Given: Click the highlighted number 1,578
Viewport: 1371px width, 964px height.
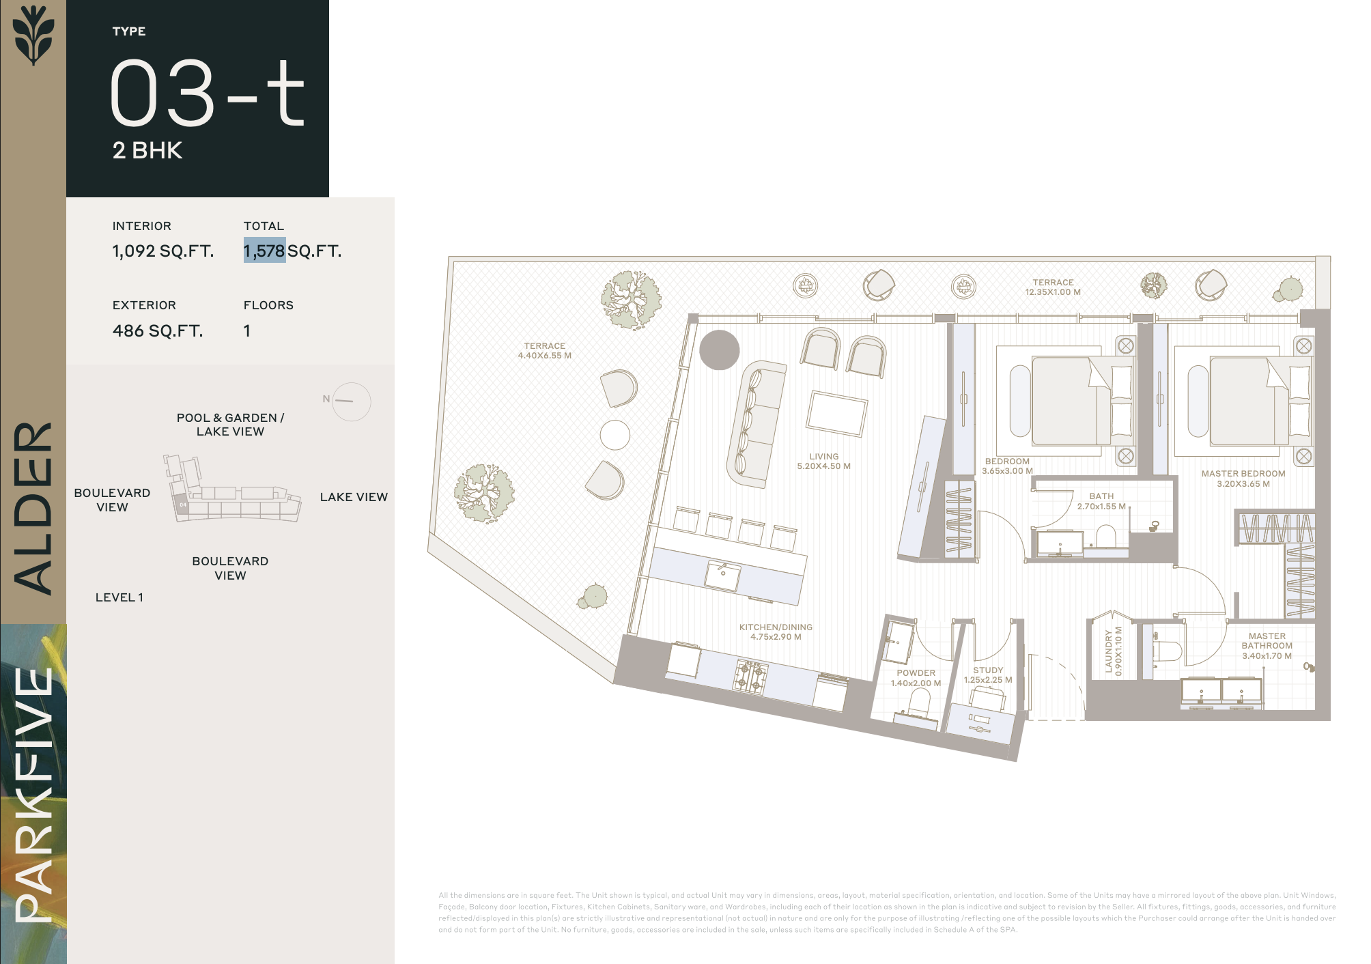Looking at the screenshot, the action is (x=265, y=251).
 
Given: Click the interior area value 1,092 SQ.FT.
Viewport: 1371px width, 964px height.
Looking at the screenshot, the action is (x=163, y=251).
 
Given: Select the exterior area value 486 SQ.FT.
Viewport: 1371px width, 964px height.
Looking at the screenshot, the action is (x=158, y=331).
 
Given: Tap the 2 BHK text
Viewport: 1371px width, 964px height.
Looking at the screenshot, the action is (x=147, y=150).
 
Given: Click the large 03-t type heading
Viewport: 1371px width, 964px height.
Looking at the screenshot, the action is (x=207, y=92).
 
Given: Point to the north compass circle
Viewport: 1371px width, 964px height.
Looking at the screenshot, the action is (x=352, y=401).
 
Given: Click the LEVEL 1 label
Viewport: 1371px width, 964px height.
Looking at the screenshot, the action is (x=119, y=597).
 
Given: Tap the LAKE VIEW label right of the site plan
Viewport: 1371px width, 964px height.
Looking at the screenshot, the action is (x=354, y=497).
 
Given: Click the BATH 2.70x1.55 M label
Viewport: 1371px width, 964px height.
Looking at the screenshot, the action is (x=1101, y=501).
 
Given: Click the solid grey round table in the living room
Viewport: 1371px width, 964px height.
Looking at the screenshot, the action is (x=720, y=350).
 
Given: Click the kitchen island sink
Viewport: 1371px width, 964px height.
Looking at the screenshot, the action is (x=722, y=576).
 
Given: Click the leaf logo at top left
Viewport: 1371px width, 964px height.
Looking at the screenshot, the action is (x=33, y=35).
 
